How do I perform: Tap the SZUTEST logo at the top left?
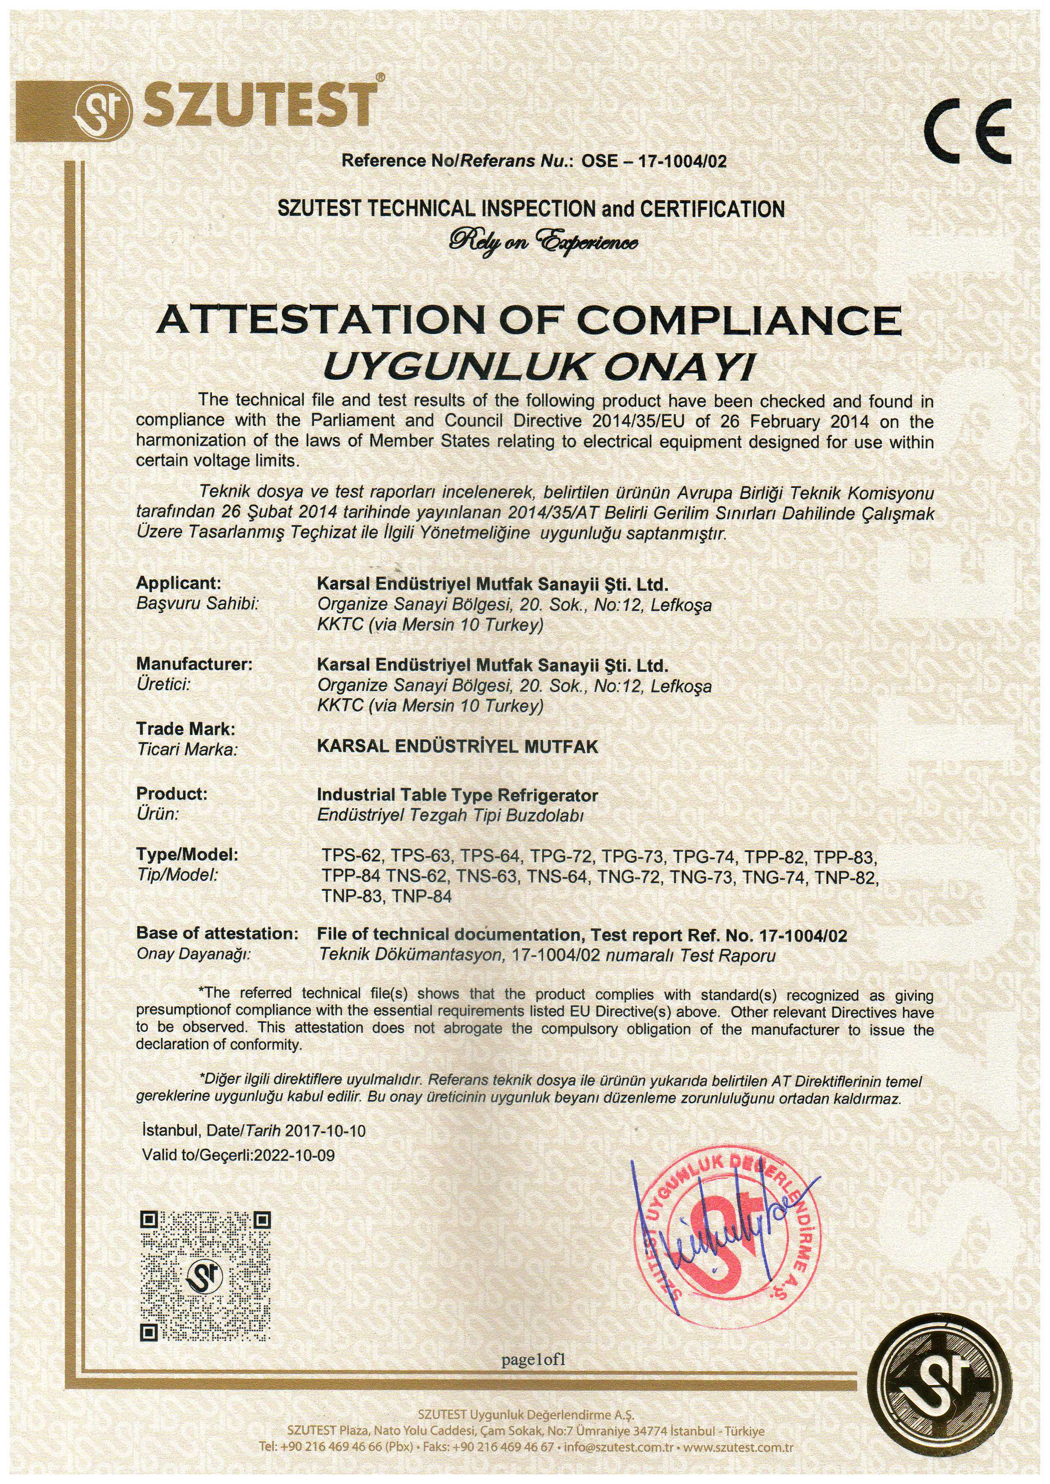pyautogui.click(x=226, y=107)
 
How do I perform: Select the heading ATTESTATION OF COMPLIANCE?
pyautogui.click(x=529, y=320)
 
